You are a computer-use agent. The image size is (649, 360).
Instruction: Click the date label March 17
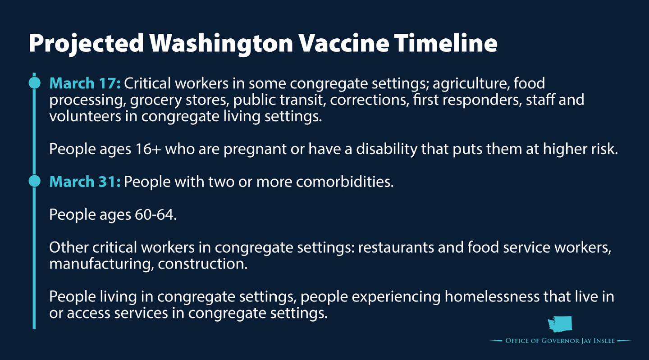85,83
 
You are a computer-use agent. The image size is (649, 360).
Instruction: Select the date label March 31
85,182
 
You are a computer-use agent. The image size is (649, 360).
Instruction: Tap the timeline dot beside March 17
34,83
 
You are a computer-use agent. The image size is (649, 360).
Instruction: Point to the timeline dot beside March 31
34,181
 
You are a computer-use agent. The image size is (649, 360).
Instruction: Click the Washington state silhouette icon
560,324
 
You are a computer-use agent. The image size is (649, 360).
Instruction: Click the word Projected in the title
87,43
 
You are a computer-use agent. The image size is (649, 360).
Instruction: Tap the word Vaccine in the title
343,43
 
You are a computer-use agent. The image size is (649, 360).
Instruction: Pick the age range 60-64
155,215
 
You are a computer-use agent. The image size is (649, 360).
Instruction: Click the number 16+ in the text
148,149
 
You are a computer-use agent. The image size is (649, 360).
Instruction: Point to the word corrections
369,100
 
